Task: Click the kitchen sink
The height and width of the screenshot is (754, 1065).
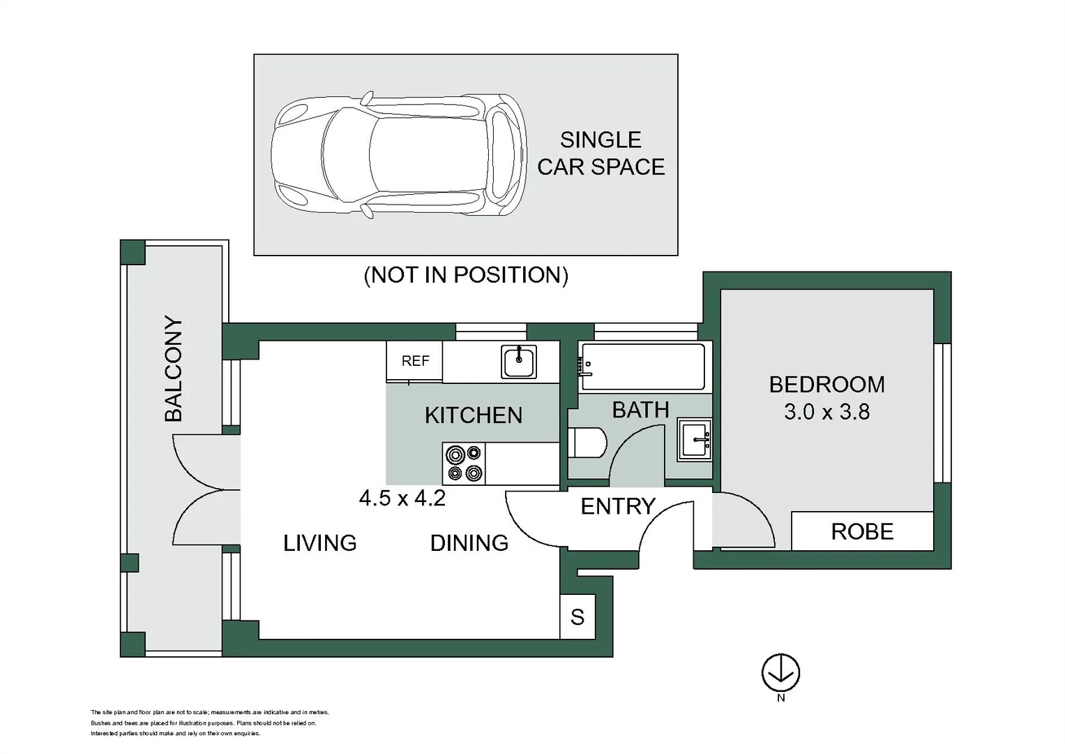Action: tap(519, 362)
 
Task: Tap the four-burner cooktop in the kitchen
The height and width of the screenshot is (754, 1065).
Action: tap(464, 464)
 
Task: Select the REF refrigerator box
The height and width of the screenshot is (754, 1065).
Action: tap(414, 361)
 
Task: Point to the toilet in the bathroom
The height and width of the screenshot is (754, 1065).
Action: tap(588, 443)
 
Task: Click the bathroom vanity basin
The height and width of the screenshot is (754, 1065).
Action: tap(695, 441)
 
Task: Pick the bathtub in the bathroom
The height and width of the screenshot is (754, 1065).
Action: tap(642, 367)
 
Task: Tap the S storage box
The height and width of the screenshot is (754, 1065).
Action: tap(577, 616)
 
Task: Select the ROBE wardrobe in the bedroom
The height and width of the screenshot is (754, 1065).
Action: tap(863, 531)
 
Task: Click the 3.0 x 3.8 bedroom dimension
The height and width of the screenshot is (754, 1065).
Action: tap(826, 412)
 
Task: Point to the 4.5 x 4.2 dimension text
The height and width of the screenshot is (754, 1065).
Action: tap(402, 498)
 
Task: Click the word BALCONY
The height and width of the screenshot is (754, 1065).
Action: tap(174, 369)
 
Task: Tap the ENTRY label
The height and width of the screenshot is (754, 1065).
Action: tap(618, 506)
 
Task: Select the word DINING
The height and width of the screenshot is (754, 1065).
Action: tap(469, 543)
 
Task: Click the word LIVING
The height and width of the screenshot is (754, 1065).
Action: tap(320, 543)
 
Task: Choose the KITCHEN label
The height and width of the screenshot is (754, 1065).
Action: tap(474, 415)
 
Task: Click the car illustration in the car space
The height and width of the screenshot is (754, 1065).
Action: tap(400, 155)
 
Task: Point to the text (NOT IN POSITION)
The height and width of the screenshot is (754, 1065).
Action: tap(466, 275)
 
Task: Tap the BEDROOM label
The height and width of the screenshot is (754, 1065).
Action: tap(826, 385)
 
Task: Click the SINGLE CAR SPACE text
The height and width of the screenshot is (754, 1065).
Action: tap(601, 154)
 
